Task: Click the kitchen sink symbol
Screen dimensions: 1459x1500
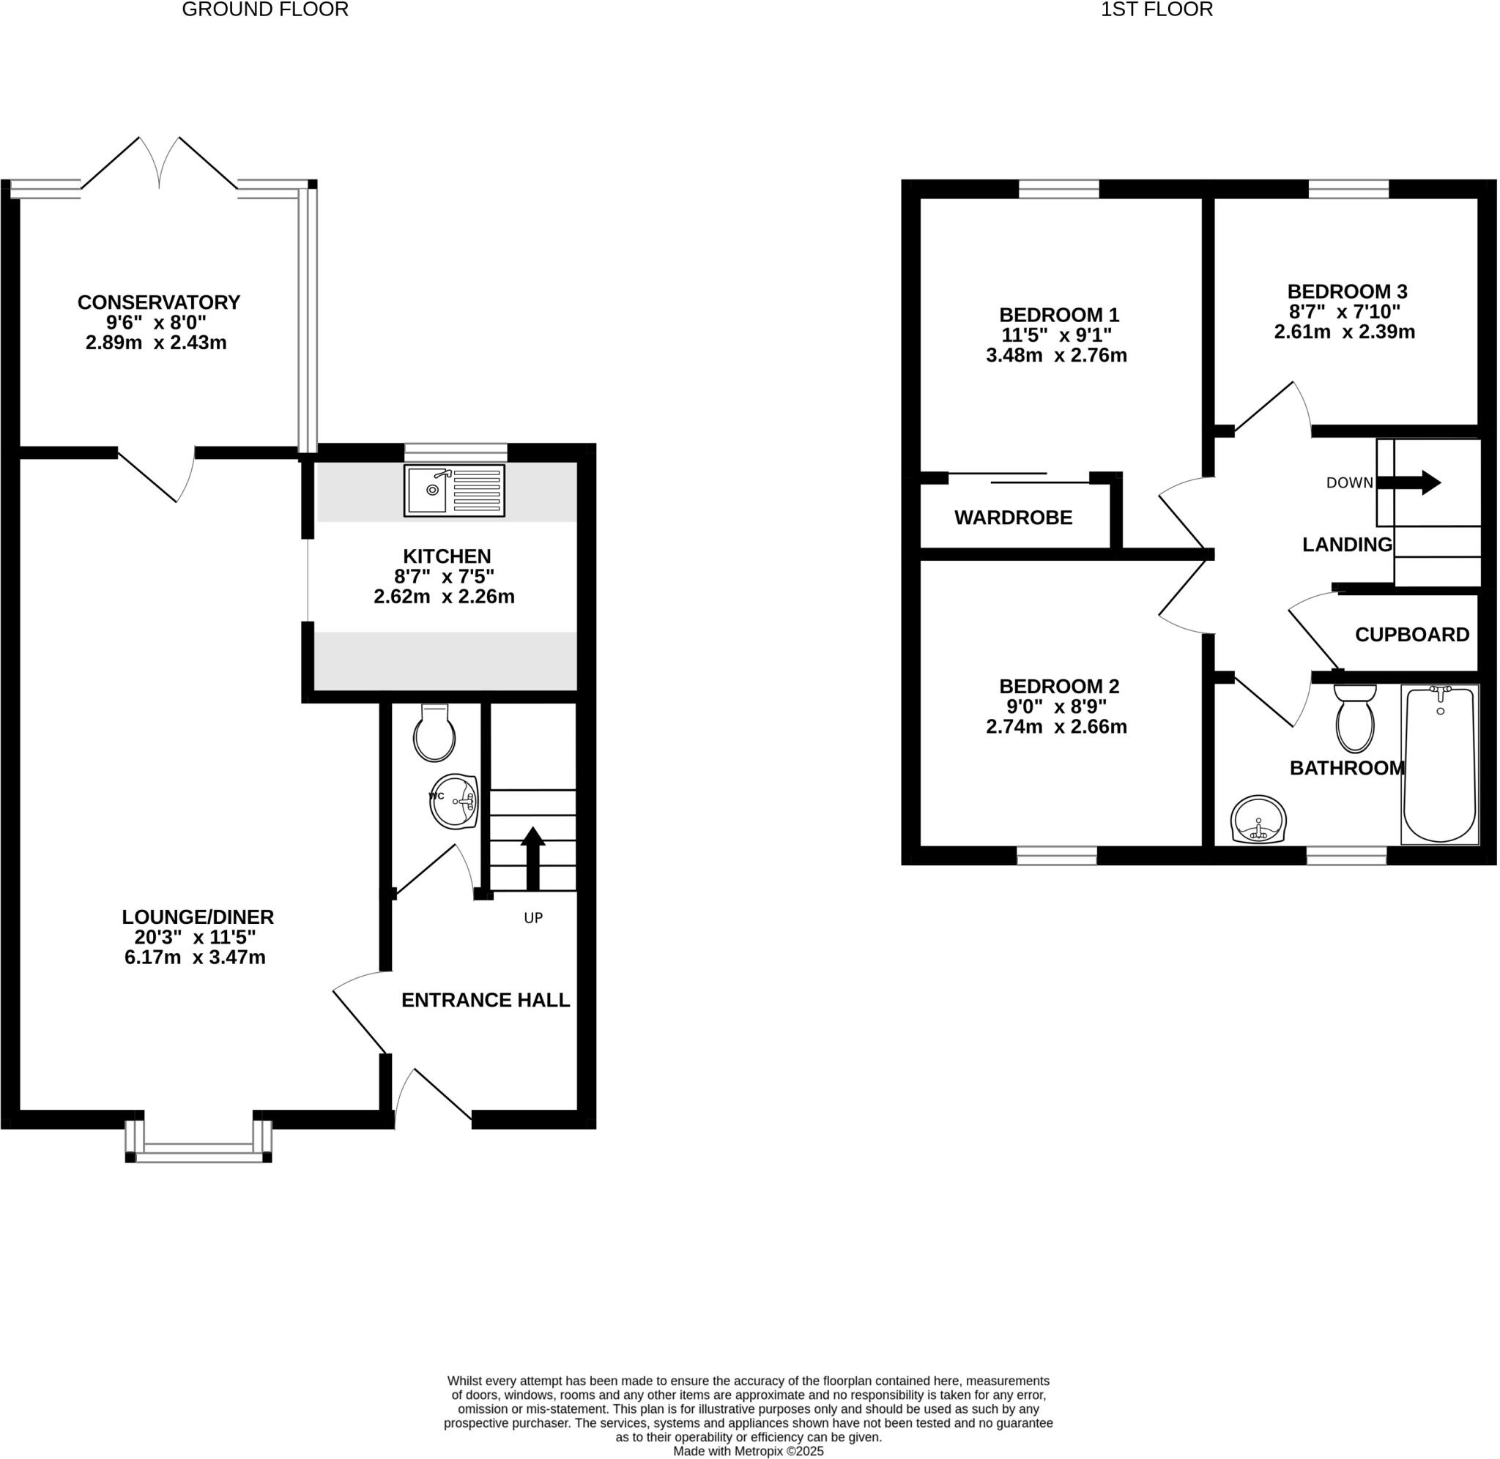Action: (x=454, y=490)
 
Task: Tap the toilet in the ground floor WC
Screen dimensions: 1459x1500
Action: (x=434, y=734)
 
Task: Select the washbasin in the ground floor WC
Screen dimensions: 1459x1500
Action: (x=456, y=802)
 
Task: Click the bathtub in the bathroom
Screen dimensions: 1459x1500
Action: (x=1438, y=765)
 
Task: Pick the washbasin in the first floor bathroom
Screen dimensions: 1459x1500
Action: (x=1258, y=820)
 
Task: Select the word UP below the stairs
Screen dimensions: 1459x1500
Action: (x=532, y=918)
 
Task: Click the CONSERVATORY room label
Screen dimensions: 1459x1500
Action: (x=159, y=302)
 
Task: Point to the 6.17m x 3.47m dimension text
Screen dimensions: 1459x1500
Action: (x=195, y=957)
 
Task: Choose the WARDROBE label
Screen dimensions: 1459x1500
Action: (x=1012, y=518)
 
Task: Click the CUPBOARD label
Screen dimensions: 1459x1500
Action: (x=1411, y=635)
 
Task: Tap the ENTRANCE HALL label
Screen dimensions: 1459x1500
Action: (x=485, y=1000)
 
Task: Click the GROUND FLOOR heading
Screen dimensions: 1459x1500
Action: (x=265, y=10)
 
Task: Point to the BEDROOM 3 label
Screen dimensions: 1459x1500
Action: (x=1347, y=291)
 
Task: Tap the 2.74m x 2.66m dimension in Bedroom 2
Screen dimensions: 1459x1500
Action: (x=1055, y=726)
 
